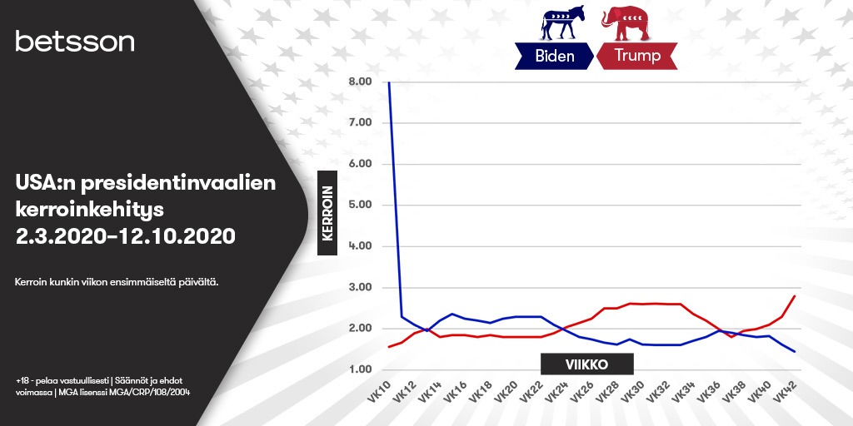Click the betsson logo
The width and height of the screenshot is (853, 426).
click(74, 42)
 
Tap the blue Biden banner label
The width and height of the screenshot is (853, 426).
click(554, 56)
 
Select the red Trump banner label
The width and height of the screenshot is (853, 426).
click(637, 56)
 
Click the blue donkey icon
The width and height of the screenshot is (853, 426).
click(562, 22)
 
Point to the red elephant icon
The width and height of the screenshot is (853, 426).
click(625, 22)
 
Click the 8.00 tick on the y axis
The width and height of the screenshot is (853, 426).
click(359, 82)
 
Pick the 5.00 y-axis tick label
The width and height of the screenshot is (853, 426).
click(359, 205)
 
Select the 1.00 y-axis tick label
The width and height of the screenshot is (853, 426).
click(359, 369)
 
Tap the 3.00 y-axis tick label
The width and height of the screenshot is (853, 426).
click(359, 287)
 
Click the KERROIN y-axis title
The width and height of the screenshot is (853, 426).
click(327, 213)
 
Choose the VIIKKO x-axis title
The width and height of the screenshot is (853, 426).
click(587, 364)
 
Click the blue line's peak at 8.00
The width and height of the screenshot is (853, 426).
click(389, 82)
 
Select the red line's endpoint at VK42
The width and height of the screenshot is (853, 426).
click(795, 296)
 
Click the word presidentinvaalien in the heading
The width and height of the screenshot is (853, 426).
click(178, 183)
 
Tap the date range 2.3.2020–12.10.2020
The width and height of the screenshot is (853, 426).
click(126, 236)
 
